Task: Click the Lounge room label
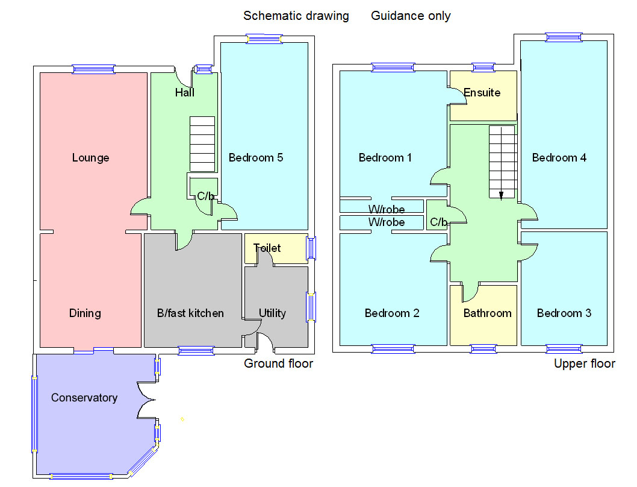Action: click(x=90, y=158)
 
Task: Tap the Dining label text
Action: click(x=85, y=313)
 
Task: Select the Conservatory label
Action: click(x=84, y=398)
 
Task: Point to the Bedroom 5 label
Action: click(x=256, y=158)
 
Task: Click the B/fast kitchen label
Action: click(x=190, y=313)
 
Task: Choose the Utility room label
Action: click(x=272, y=313)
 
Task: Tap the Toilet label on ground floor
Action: click(x=267, y=248)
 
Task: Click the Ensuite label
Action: click(x=482, y=93)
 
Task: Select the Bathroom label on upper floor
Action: click(x=487, y=313)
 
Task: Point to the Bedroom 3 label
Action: click(x=564, y=313)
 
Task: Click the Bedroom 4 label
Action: click(x=559, y=158)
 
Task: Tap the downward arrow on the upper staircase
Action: click(x=501, y=193)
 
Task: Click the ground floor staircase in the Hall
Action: click(x=202, y=144)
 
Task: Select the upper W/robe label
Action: click(x=387, y=209)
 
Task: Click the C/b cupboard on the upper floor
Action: click(x=438, y=222)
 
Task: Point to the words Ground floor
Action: click(x=278, y=363)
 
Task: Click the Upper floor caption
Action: click(x=584, y=363)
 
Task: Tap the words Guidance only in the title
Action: click(x=411, y=16)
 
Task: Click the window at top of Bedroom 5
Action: click(x=264, y=39)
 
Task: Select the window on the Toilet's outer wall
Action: click(x=311, y=248)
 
